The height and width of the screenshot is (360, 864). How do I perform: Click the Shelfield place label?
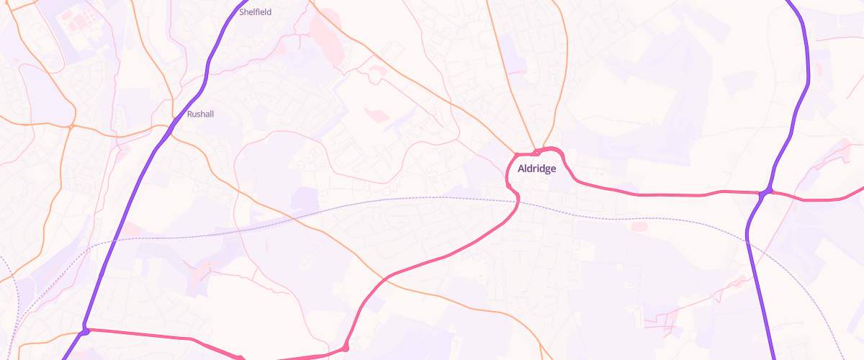point(256,12)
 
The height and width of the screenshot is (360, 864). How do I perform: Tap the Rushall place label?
point(200,114)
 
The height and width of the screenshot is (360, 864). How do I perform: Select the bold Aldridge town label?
point(536,168)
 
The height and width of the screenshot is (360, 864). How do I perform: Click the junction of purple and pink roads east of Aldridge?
point(767,192)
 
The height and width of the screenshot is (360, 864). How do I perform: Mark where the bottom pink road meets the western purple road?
point(86,330)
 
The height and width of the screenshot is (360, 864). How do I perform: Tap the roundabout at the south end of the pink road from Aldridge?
point(346,348)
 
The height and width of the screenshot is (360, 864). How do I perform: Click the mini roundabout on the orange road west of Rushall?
point(71,127)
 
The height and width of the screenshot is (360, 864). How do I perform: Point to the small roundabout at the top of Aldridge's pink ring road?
point(536,152)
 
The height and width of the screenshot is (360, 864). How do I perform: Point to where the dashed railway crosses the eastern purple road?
point(749,241)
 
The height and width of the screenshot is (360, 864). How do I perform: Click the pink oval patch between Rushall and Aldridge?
point(377,114)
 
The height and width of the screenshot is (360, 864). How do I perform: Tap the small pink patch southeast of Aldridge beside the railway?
point(639,226)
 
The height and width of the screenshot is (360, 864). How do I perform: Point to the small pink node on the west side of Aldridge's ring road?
point(509,187)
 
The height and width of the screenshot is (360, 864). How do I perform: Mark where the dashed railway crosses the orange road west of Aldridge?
point(311,212)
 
